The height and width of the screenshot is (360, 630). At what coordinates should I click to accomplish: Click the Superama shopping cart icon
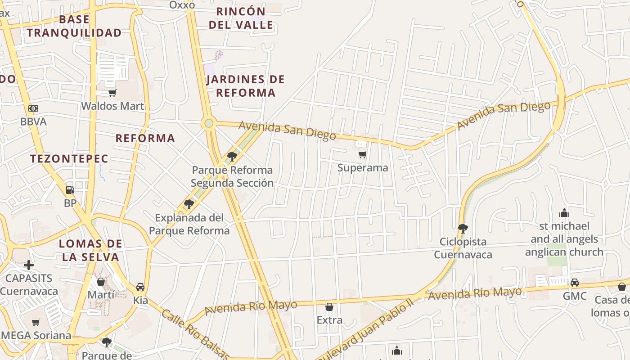(362, 155)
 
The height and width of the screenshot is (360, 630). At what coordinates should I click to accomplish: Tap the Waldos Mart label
(112, 106)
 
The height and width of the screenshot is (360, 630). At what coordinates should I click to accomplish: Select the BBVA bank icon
(33, 108)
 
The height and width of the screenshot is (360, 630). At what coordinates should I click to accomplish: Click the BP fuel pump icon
(70, 190)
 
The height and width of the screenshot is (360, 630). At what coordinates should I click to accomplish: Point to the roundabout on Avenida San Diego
(209, 123)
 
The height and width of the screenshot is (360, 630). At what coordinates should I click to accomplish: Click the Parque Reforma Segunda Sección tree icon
(232, 157)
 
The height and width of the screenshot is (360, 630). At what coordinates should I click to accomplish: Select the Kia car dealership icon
(140, 287)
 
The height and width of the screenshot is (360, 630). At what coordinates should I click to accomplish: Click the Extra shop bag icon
(329, 307)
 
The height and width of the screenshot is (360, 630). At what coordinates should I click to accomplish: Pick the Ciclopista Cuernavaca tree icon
(463, 228)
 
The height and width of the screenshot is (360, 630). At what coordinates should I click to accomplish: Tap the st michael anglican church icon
(564, 213)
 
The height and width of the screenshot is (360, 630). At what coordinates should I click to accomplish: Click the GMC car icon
(575, 283)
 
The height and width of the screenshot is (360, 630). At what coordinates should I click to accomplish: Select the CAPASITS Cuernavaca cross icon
(29, 265)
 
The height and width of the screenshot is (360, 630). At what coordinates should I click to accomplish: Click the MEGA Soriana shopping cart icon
(36, 322)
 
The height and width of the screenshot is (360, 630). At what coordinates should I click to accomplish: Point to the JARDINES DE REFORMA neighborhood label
(246, 86)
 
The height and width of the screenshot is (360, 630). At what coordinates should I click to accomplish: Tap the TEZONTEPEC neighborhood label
(69, 158)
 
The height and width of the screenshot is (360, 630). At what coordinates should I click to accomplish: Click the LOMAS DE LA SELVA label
(90, 251)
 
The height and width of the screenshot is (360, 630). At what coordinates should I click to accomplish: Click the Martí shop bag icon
(101, 282)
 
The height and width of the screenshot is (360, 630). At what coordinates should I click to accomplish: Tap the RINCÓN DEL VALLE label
(241, 18)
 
